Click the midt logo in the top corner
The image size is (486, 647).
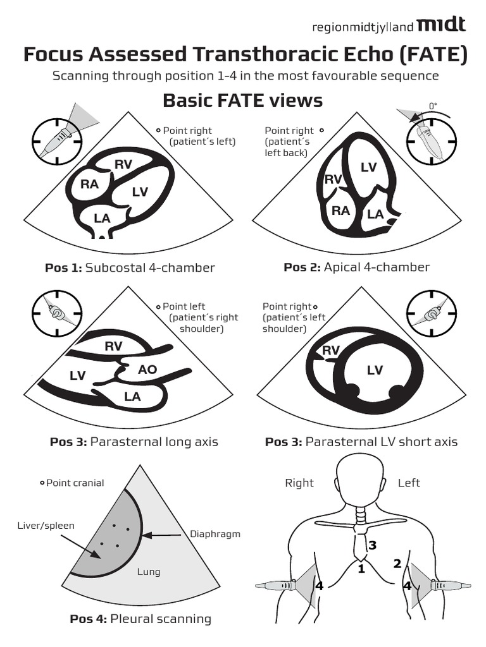click(443, 25)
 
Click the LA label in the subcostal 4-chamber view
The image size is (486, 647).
click(102, 217)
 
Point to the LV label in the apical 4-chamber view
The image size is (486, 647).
click(368, 167)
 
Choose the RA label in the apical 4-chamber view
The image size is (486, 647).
click(340, 210)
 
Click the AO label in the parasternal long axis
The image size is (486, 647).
click(147, 370)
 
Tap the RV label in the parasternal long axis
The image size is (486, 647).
click(113, 346)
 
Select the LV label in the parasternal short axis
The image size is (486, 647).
click(375, 370)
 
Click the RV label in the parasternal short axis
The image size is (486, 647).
click(331, 351)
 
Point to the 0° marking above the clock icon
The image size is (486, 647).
click(433, 106)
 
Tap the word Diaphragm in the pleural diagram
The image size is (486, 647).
click(215, 534)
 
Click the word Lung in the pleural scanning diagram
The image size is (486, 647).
click(149, 572)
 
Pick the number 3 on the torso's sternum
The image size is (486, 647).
click(372, 545)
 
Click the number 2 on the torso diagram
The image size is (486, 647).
click(397, 564)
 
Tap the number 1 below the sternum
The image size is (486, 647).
click(361, 569)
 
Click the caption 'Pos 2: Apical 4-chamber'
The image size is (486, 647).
click(356, 267)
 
